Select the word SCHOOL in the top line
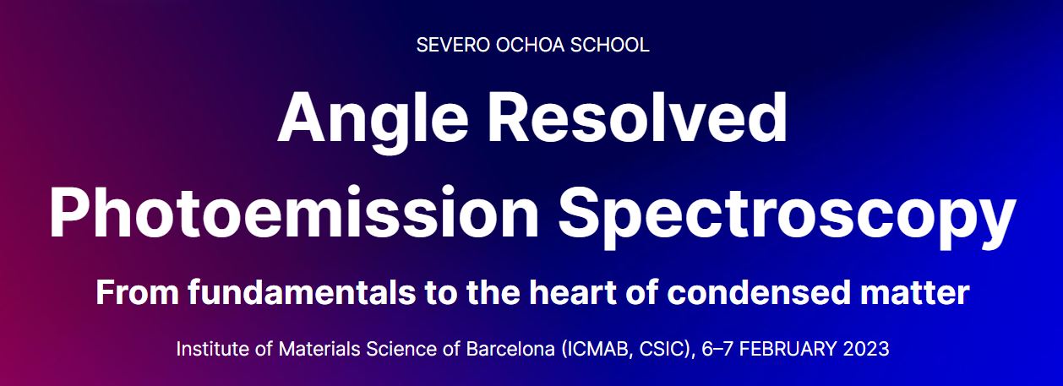click(x=609, y=45)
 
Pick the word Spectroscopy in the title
click(x=787, y=215)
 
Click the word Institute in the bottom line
click(x=213, y=349)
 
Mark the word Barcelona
click(x=510, y=349)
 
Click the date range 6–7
click(x=717, y=349)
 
